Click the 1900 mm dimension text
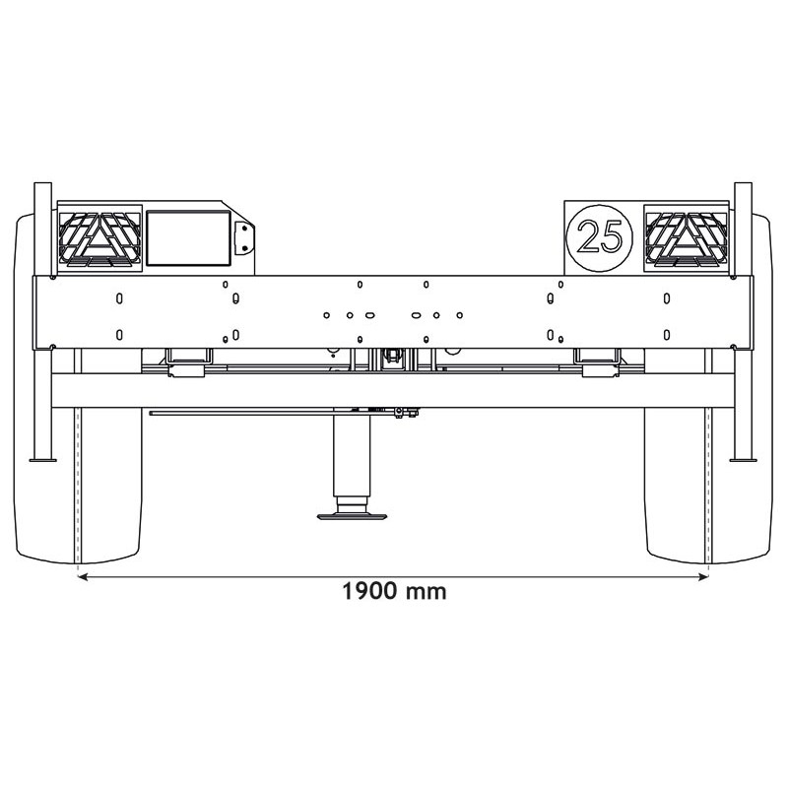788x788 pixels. click(394, 592)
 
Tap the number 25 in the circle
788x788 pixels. click(600, 237)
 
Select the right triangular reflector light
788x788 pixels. click(687, 238)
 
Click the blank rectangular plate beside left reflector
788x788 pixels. click(187, 237)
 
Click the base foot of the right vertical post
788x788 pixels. click(744, 459)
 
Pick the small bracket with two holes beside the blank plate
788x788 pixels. click(243, 237)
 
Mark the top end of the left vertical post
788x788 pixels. click(42, 187)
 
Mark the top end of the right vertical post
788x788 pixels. click(745, 187)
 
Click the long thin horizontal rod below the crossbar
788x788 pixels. click(246, 414)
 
